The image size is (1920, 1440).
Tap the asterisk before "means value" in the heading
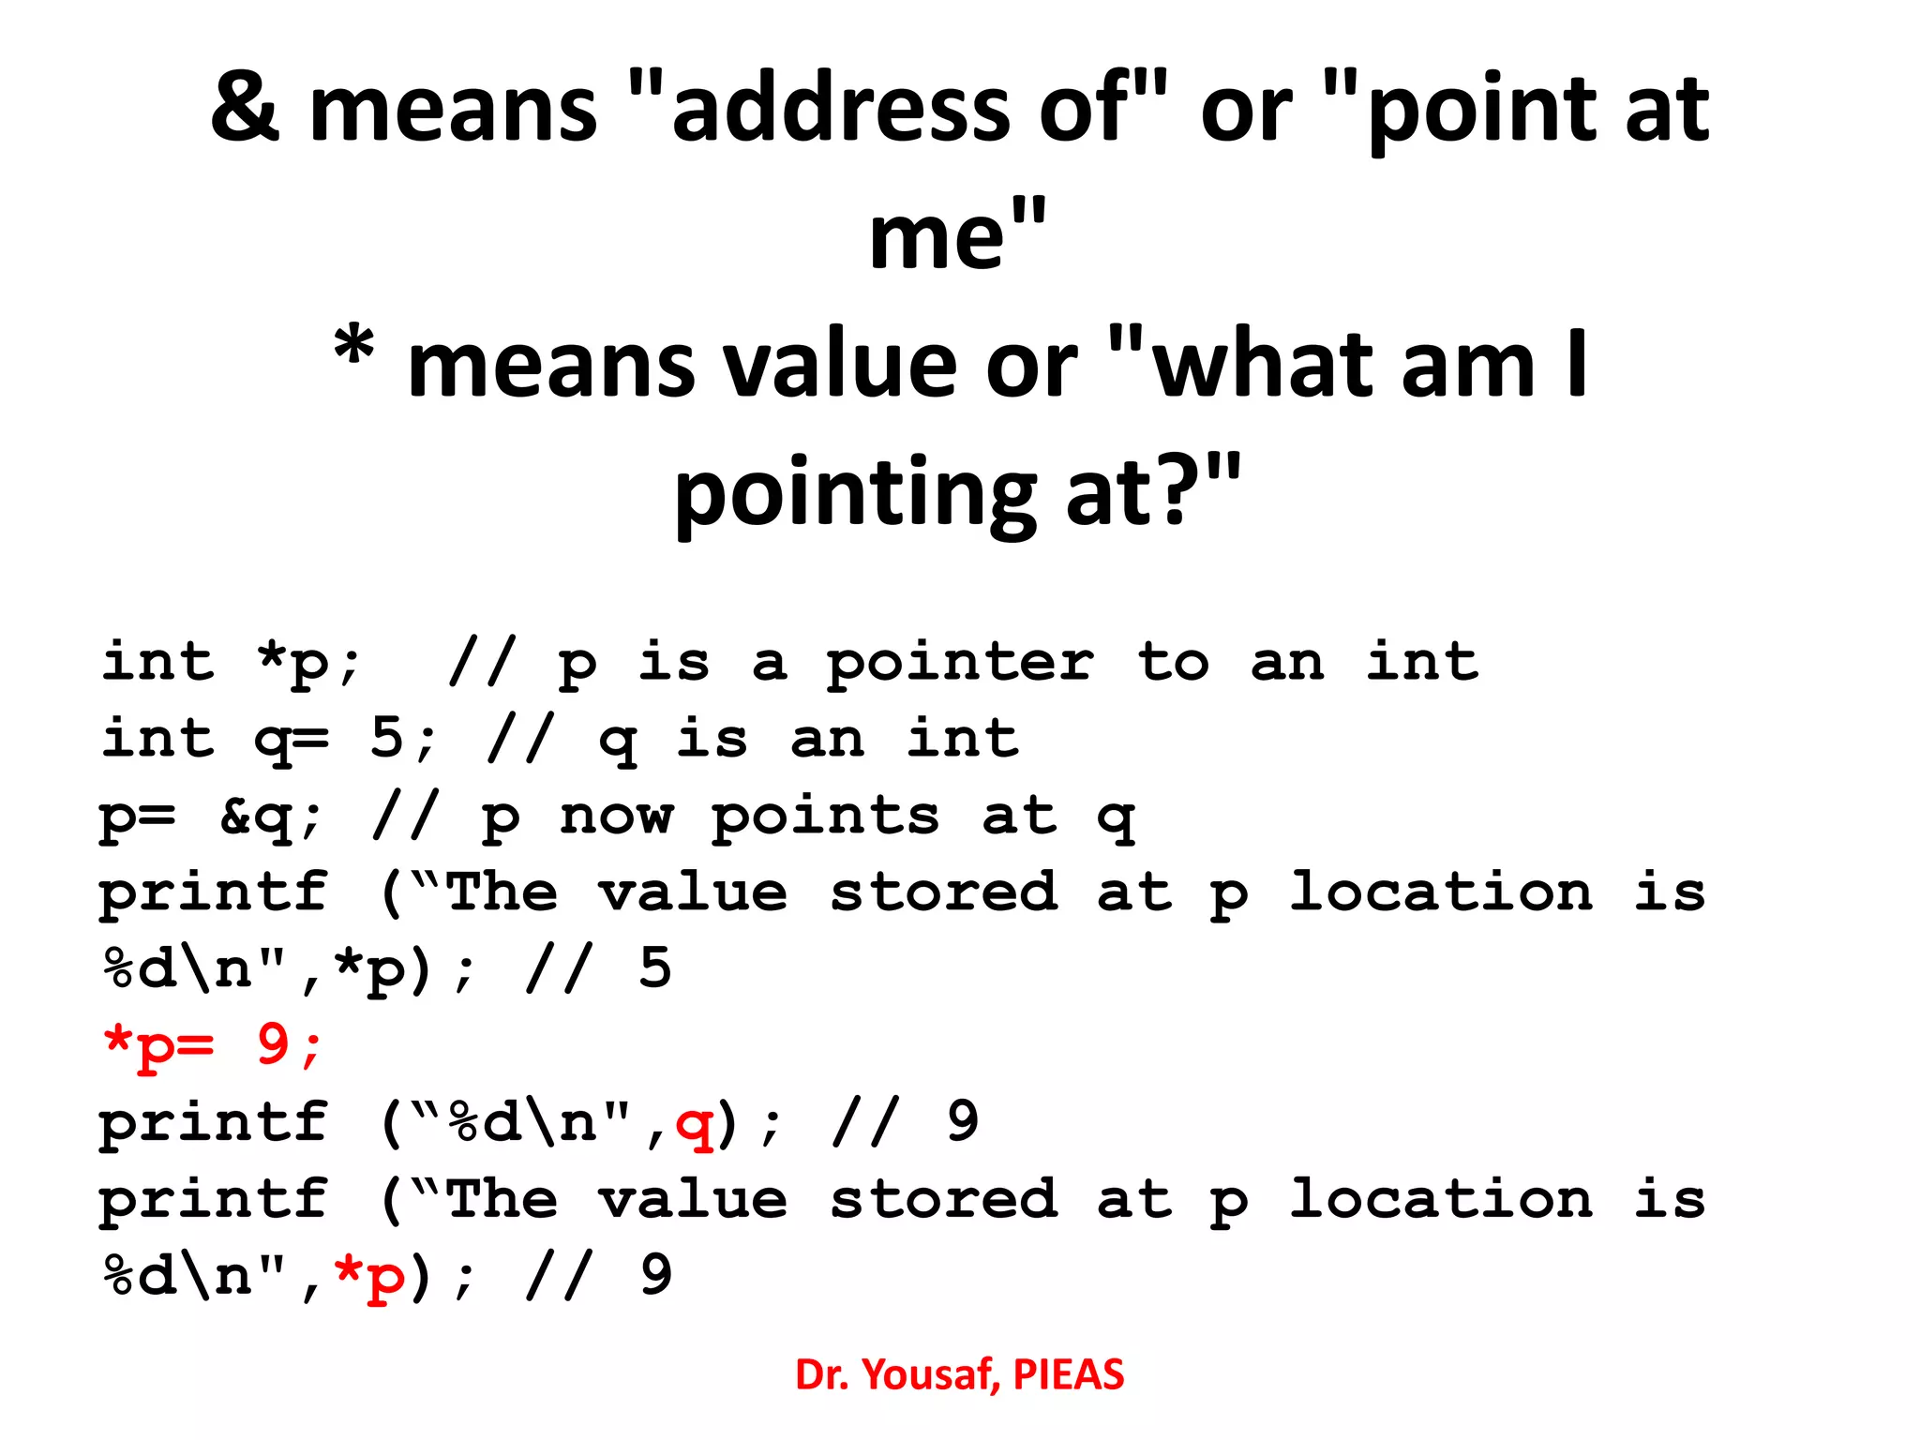pyautogui.click(x=354, y=349)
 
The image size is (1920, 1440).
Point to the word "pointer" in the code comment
pyautogui.click(x=959, y=664)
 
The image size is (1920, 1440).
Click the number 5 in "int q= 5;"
pyautogui.click(x=387, y=739)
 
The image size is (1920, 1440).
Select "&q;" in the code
pyautogui.click(x=271, y=817)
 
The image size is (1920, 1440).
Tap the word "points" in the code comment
pyautogui.click(x=825, y=817)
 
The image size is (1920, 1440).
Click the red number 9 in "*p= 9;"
pyautogui.click(x=273, y=1044)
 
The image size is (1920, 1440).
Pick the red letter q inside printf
pyautogui.click(x=695, y=1123)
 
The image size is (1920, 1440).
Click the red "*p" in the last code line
pyautogui.click(x=369, y=1276)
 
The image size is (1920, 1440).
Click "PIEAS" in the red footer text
pyautogui.click(x=1069, y=1375)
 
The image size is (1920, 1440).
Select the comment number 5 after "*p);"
pyautogui.click(x=655, y=968)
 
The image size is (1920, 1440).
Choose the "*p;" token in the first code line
pyautogui.click(x=308, y=662)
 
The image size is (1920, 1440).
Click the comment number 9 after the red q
pyautogui.click(x=963, y=1121)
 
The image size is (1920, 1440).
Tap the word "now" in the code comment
pyautogui.click(x=616, y=817)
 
